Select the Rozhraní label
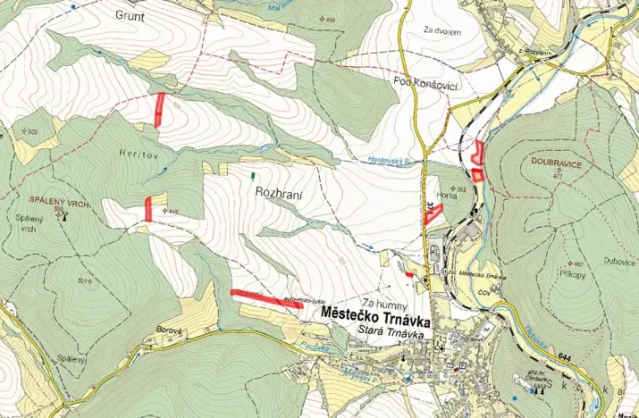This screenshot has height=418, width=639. click(x=281, y=192)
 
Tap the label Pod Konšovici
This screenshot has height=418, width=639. click(x=425, y=81)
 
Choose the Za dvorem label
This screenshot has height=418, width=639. click(x=442, y=31)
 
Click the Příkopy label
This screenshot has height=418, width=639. click(x=575, y=274)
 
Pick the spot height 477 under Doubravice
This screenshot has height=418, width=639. click(x=557, y=177)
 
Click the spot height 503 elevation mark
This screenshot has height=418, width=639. click(x=33, y=132)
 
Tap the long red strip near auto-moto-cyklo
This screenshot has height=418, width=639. click(x=265, y=298)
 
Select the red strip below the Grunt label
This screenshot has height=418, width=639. click(x=160, y=108)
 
